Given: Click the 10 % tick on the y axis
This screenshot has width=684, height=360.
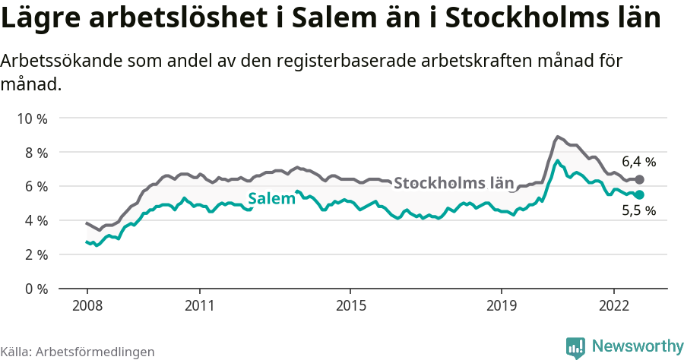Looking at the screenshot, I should pos(31,118).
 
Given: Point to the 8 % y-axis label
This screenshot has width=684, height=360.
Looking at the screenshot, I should pos(34,153).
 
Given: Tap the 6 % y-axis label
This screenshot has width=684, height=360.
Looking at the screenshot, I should pos(34,187).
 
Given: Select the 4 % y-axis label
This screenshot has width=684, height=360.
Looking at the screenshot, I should pos(34,221).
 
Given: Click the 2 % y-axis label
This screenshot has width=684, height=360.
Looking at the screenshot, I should pos(34,254).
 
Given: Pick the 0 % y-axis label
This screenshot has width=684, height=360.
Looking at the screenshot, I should pos(34,289).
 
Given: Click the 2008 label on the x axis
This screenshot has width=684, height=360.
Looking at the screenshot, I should pos(87,305).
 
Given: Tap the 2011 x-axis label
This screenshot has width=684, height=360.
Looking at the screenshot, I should pos(199,305).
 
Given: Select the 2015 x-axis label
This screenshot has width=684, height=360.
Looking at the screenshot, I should pos(350,305).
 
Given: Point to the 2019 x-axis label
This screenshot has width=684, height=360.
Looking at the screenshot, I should pos(501,305).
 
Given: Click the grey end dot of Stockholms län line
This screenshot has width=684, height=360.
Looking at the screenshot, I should pos(640,180).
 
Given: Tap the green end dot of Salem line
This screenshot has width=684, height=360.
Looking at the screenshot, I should pos(640,195).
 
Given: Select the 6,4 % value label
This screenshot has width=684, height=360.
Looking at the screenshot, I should pos(638,162).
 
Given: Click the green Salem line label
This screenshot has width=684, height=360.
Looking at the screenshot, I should pos(271,200).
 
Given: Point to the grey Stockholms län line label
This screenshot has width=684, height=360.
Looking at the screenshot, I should pos(454,183).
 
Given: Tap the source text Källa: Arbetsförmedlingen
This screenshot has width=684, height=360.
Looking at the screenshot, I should pos(78,352).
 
